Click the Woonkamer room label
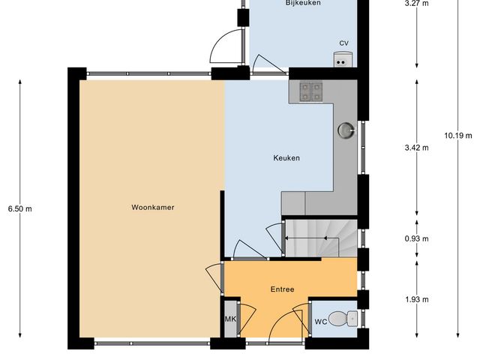[152, 207]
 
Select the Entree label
[282, 289]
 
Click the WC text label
[320, 322]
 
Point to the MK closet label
[230, 319]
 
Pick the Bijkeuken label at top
[303, 4]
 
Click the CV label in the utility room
[343, 43]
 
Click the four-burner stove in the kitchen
[310, 91]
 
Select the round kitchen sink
[345, 130]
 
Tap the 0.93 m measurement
[416, 239]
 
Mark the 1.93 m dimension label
[416, 300]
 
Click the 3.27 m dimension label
[416, 4]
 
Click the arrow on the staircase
[311, 238]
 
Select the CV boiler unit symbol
[342, 58]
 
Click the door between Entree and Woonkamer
[214, 279]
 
